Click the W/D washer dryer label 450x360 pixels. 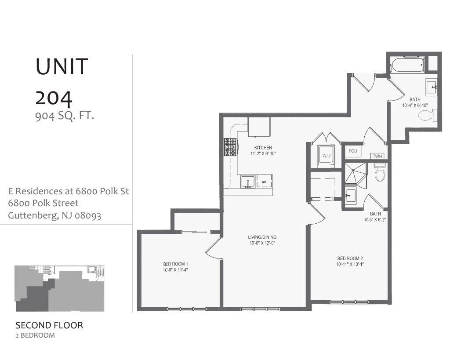click(326, 156)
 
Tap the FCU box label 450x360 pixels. click(352, 151)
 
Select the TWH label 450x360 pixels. click(377, 156)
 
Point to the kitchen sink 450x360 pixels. click(247, 181)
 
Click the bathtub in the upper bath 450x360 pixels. click(407, 65)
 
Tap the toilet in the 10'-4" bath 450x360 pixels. click(428, 116)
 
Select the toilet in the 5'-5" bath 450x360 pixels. click(380, 173)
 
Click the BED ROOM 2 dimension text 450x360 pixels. click(350, 265)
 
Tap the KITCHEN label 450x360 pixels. click(263, 148)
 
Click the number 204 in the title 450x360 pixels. click(54, 98)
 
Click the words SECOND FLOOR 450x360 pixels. click(49, 326)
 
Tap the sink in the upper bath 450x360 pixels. click(431, 85)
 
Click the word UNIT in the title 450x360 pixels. click(62, 66)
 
